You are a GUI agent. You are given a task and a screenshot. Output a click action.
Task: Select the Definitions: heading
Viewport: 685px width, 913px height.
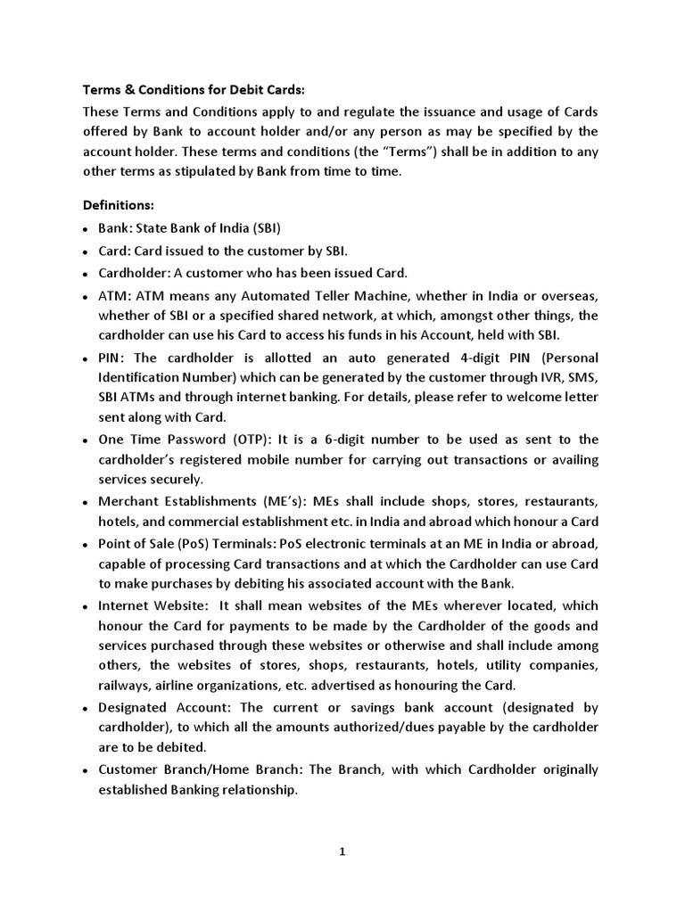coord(119,206)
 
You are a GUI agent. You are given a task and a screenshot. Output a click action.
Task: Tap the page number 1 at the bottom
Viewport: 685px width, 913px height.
coord(342,851)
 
